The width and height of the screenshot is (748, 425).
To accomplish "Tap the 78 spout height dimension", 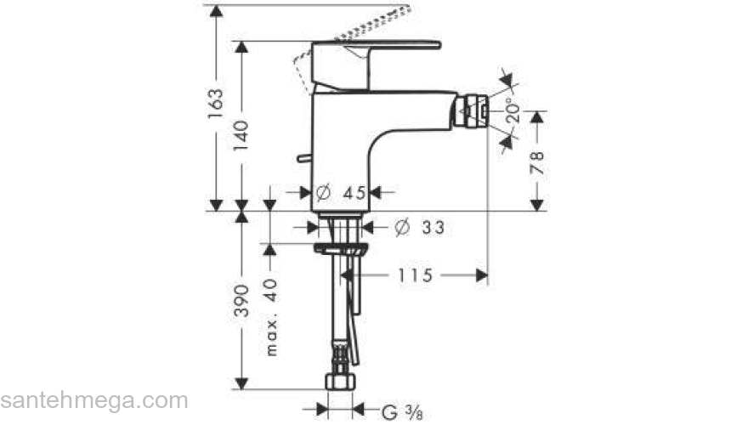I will click(537, 161).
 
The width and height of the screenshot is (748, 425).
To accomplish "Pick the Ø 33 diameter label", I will click(420, 227).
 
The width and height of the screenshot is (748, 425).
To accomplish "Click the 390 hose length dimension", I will click(242, 300).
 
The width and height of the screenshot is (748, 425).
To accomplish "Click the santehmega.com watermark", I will click(93, 400).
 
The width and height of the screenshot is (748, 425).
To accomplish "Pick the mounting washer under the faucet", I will click(340, 249).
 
